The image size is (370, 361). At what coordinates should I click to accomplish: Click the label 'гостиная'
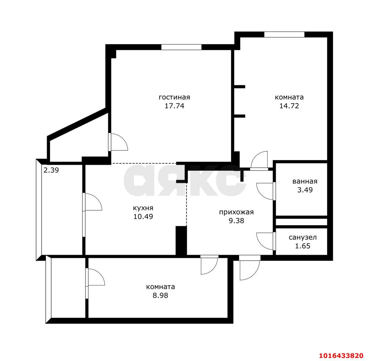pyautogui.click(x=174, y=97)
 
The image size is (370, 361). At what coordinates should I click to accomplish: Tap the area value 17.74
pyautogui.click(x=174, y=106)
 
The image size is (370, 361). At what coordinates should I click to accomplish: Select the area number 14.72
pyautogui.click(x=289, y=106)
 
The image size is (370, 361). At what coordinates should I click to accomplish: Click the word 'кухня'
pyautogui.click(x=143, y=208)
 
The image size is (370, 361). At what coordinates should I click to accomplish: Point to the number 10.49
pyautogui.click(x=143, y=216)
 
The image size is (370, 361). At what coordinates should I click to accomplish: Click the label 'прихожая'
pyautogui.click(x=236, y=212)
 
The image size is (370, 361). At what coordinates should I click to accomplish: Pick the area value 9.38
pyautogui.click(x=236, y=221)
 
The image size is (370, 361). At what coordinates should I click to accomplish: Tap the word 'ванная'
pyautogui.click(x=305, y=181)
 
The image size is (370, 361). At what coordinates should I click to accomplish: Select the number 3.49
pyautogui.click(x=305, y=190)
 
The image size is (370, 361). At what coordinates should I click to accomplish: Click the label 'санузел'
pyautogui.click(x=303, y=237)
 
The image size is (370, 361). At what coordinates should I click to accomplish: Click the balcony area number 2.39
pyautogui.click(x=51, y=170)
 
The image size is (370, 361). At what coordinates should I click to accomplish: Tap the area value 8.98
pyautogui.click(x=160, y=295)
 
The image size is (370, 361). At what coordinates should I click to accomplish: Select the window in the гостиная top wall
pyautogui.click(x=181, y=47)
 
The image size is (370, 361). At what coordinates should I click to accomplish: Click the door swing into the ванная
pyautogui.click(x=264, y=191)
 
